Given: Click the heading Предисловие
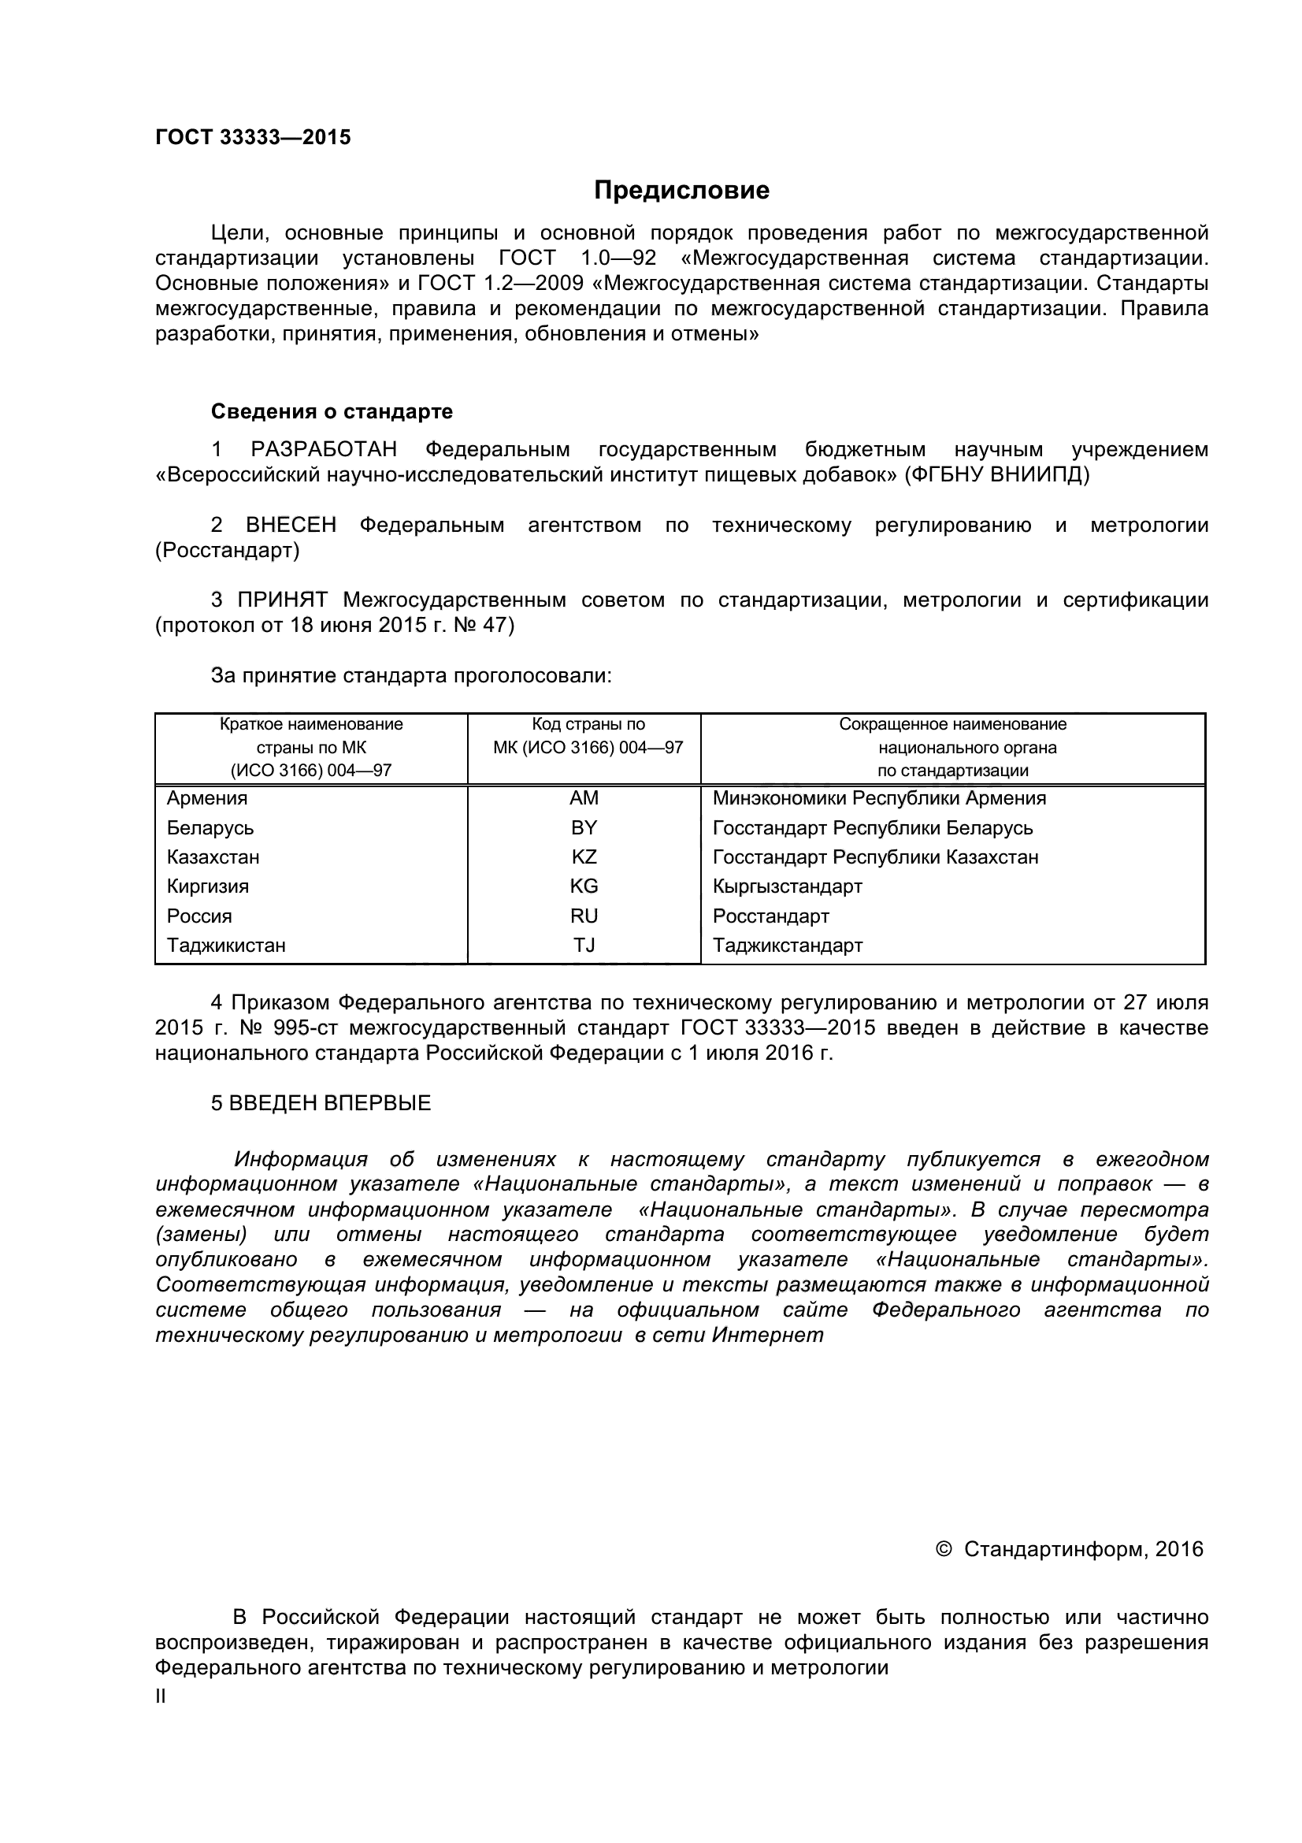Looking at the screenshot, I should tap(681, 190).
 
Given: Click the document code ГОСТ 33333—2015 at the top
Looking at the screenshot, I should tap(253, 137).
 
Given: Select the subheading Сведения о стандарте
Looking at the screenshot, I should tap(332, 412).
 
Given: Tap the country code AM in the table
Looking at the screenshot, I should tap(584, 798).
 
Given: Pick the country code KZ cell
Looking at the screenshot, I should tap(584, 856).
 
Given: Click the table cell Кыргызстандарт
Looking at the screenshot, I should tap(787, 886).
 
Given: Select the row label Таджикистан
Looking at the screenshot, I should tap(225, 945).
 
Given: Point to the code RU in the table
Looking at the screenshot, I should tap(584, 916).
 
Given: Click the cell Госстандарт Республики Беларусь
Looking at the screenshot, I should tap(872, 827).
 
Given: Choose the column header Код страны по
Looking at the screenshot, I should tap(588, 724).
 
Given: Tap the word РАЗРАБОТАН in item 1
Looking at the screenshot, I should tap(323, 449).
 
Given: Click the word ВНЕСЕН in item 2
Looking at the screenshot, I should tap(291, 525).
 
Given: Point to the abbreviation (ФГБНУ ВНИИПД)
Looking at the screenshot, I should tap(997, 474).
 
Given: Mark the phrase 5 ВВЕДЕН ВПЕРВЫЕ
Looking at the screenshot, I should tap(321, 1103).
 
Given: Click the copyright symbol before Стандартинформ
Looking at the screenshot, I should tap(944, 1548).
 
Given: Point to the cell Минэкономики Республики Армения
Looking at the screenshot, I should tap(879, 798).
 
